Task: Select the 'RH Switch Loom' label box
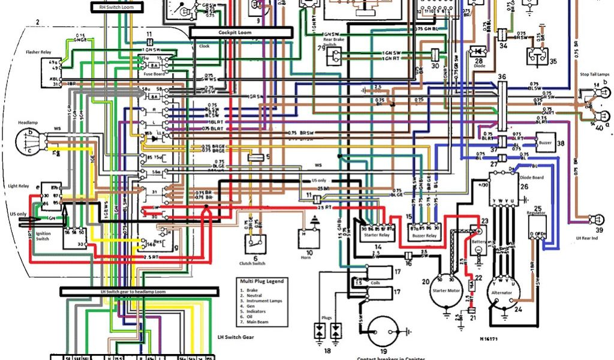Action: click(117, 7)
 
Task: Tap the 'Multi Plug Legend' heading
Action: click(263, 281)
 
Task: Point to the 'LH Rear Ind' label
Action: click(588, 238)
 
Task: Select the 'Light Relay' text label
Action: click(19, 186)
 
